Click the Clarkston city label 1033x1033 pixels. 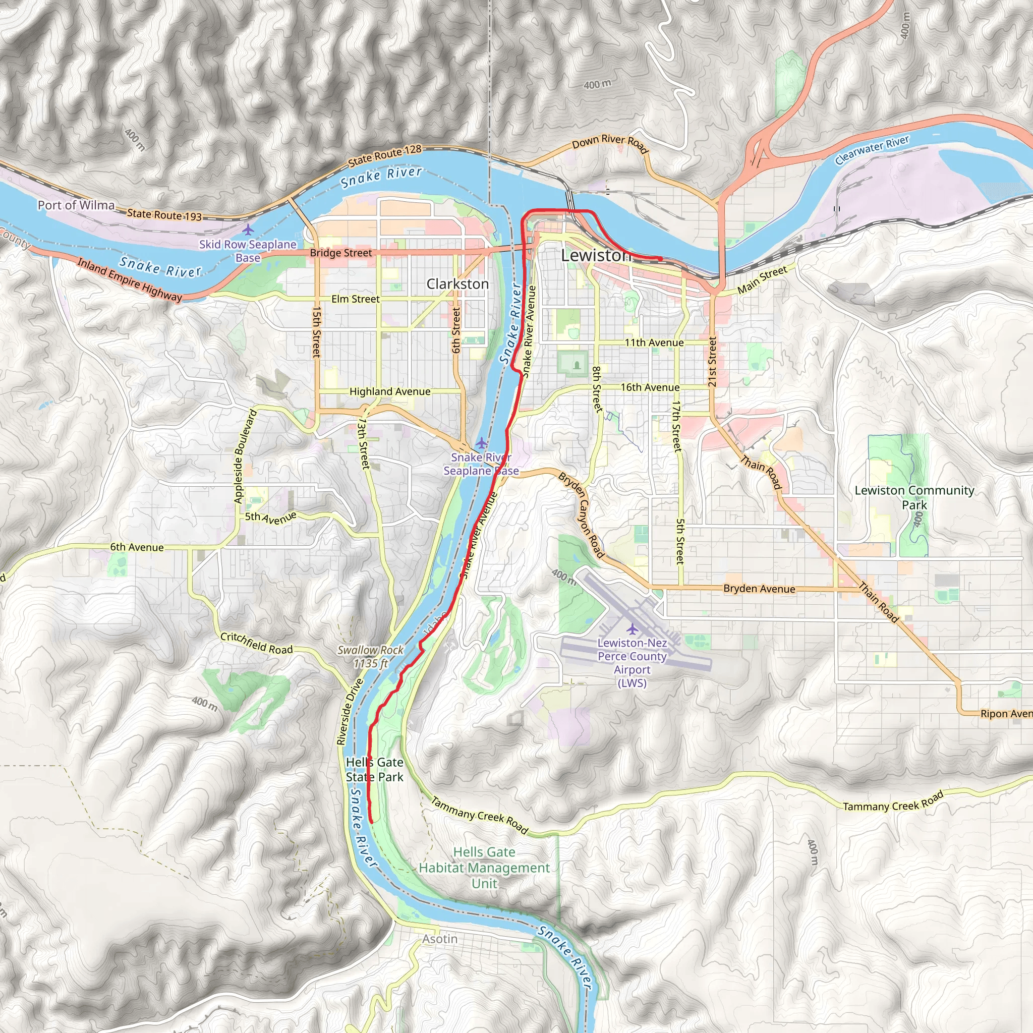click(457, 284)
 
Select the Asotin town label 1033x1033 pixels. click(439, 939)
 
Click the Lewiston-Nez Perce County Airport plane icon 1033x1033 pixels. click(633, 629)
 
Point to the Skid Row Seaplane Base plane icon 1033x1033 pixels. click(248, 230)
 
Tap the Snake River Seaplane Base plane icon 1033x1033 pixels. click(481, 443)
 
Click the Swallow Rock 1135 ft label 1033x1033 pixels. click(371, 657)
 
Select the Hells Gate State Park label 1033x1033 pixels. click(374, 769)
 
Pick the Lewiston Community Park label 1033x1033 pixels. click(914, 497)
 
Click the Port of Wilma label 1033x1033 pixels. click(76, 205)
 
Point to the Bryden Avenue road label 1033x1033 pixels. click(759, 589)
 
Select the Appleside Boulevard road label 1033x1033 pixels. click(246, 456)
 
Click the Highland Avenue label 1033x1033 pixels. click(390, 391)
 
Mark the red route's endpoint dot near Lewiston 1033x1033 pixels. click(660, 259)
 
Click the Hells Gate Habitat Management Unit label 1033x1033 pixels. click(484, 867)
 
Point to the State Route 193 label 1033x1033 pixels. click(164, 215)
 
